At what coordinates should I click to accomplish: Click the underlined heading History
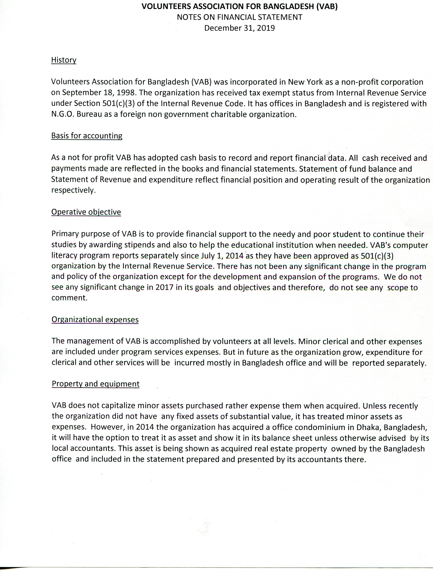click(64, 60)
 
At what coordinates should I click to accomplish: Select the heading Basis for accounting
click(87, 136)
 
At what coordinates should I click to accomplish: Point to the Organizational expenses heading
click(95, 320)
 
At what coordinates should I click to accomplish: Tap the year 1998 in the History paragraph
click(125, 93)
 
